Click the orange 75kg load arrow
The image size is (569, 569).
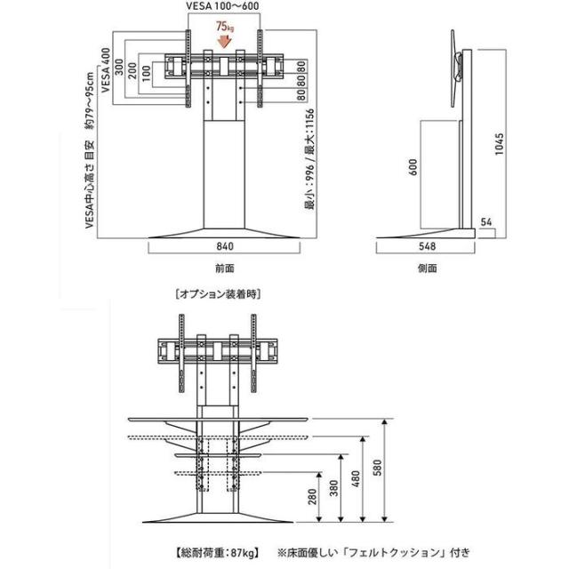coord(225,41)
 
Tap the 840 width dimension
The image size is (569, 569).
coord(225,247)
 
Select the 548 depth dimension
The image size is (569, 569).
coord(427,247)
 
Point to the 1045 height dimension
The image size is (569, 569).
coord(500,144)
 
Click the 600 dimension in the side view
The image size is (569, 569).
coord(413,167)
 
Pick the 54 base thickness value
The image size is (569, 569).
coord(486,221)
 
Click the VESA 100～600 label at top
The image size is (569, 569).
coord(222,6)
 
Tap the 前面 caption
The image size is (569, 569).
coord(225,268)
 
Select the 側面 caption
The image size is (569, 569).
coord(427,268)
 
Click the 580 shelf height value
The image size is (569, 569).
coord(377,468)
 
